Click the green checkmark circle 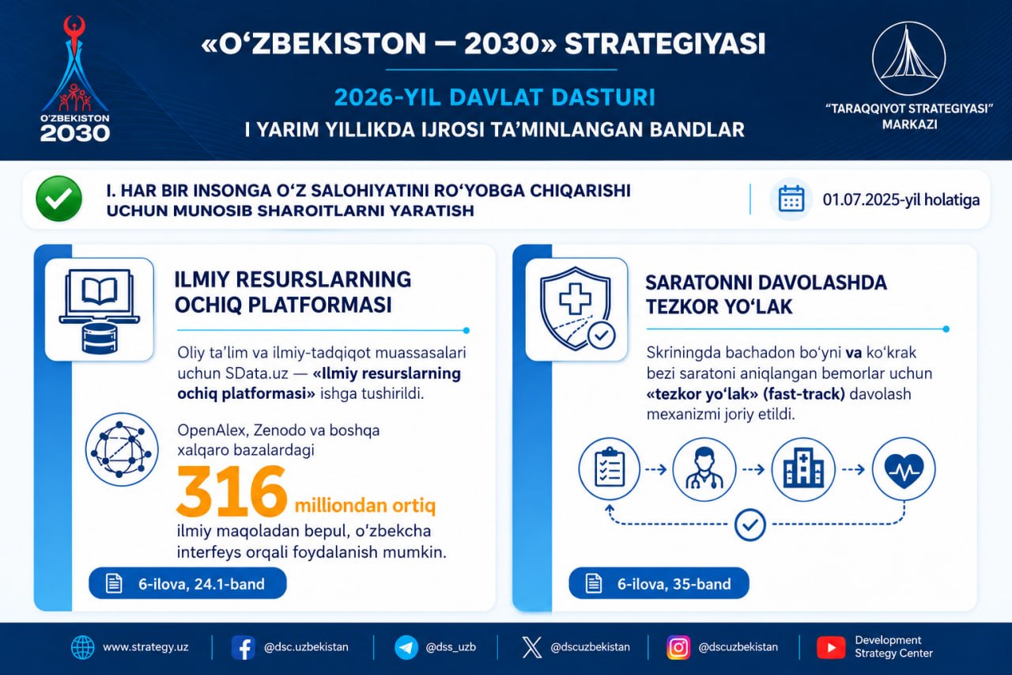pos(59,199)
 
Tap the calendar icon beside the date pos(791,199)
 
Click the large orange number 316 pos(232,491)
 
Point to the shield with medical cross pos(577,309)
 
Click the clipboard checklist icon pos(610,468)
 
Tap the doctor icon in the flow pos(704,469)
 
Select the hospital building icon pos(803,469)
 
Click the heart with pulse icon pos(904,468)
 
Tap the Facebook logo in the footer pos(243,647)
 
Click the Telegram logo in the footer pos(406,647)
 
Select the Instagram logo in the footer pos(678,647)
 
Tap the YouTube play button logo pos(831,647)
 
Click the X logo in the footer pos(532,647)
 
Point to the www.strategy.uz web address pos(145,647)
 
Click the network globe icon pos(122,449)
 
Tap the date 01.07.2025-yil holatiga pos(901,199)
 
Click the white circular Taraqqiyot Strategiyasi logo pos(908,59)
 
